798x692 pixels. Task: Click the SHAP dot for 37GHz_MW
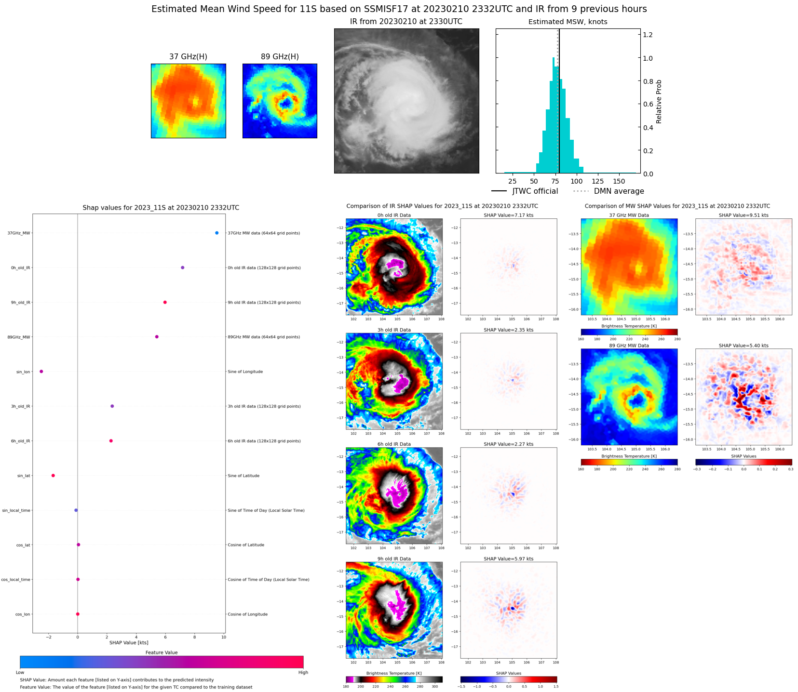tap(217, 233)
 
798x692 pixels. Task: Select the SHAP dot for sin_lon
tap(41, 372)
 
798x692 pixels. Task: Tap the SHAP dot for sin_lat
tap(53, 476)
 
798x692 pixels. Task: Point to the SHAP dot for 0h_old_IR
tap(182, 267)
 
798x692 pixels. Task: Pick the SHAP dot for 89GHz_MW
tap(157, 337)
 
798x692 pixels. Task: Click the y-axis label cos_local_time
tap(16, 580)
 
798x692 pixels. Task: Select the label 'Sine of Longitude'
tap(245, 372)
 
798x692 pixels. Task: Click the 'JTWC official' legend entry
tap(535, 191)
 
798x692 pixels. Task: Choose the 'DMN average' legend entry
tap(619, 191)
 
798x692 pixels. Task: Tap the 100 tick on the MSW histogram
tap(577, 181)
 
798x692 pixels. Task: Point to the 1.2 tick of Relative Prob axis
tap(648, 35)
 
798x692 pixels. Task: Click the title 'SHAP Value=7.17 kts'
tap(508, 215)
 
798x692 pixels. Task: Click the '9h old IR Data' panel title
tap(394, 559)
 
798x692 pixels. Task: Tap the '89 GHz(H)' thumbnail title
tap(280, 57)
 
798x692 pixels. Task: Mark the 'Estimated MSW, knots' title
tap(568, 22)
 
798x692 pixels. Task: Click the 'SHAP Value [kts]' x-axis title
tap(129, 642)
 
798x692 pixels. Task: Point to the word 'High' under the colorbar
tap(303, 672)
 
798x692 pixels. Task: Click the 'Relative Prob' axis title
tap(659, 102)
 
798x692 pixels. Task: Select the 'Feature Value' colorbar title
tap(162, 652)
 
